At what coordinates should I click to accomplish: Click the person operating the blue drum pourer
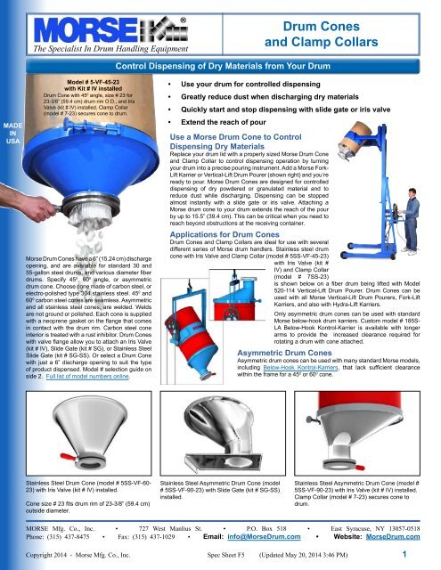coord(421,177)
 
